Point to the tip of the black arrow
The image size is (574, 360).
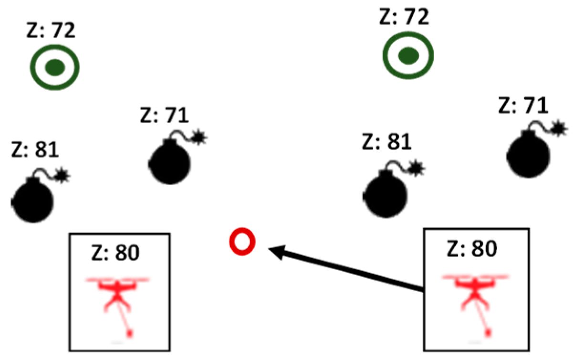271,249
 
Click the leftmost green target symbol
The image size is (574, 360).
55,68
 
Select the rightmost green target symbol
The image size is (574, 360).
408,56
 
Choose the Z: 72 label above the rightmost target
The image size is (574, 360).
404,17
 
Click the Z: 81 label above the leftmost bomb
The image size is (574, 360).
34,149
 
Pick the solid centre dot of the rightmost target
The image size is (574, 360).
408,56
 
